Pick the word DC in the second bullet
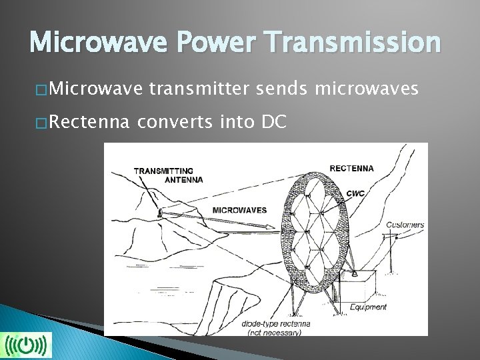click(275, 122)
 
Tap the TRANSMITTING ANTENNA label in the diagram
click(167, 175)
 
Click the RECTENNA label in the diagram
click(351, 168)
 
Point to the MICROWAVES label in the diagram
click(239, 210)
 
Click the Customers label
click(405, 225)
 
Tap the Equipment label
click(369, 307)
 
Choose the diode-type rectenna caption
click(275, 327)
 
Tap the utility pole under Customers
click(395, 253)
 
